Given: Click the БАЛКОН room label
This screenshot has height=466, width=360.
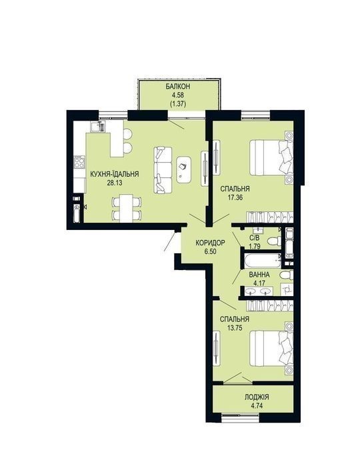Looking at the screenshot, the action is tap(178, 87).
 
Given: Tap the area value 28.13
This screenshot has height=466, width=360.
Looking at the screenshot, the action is tap(115, 183).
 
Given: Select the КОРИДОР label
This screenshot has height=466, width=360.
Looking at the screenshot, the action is tap(210, 243).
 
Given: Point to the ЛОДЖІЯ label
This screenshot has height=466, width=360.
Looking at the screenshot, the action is tap(257, 397).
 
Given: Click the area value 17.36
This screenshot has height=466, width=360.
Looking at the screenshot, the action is tap(235, 197).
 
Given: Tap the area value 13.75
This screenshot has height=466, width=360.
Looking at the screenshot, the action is tap(235, 328).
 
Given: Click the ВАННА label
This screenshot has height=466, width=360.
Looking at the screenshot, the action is tap(259, 275).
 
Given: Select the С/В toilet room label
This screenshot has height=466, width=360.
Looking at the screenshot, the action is tap(255, 238).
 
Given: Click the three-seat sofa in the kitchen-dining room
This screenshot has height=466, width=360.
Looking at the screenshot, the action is tap(163, 170).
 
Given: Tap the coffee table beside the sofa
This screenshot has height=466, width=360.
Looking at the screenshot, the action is tap(184, 169).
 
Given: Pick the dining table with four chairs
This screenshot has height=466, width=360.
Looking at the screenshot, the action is tap(126, 208).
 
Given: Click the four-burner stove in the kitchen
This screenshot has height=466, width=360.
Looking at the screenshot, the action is tap(79, 162).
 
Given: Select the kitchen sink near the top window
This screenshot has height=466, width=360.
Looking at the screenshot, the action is tap(98, 126).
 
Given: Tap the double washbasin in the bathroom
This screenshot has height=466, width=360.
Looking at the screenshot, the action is tap(259, 291).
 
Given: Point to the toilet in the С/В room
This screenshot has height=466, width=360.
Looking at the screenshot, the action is tap(275, 241).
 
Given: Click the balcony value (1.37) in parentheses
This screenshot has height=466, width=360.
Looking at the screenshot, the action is tap(178, 104).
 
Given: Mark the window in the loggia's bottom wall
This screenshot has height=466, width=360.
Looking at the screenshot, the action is tap(241, 418).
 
